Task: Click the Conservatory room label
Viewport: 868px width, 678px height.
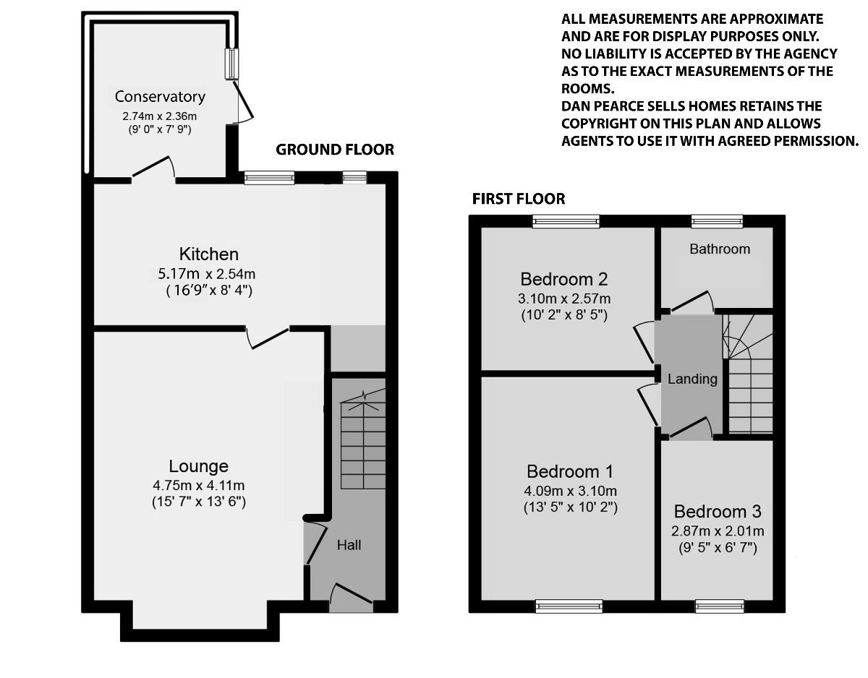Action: tap(160, 97)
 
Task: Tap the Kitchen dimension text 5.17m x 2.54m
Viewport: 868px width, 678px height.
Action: tap(208, 274)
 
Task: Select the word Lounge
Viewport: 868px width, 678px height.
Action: tap(199, 466)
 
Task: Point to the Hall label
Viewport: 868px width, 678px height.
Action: tap(349, 545)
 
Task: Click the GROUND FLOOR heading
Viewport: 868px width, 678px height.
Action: tap(335, 150)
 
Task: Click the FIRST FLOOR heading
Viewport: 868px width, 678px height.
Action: tap(518, 199)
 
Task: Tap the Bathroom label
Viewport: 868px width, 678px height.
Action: tap(720, 249)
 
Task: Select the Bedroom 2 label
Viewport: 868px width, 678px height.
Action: tap(563, 280)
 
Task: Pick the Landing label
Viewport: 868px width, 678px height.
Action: tap(692, 379)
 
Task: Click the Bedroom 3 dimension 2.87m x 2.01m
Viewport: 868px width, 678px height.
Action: tap(718, 531)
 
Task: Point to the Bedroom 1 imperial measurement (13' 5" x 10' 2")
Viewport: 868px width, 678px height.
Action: tap(570, 507)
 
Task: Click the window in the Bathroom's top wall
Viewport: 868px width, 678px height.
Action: tap(717, 221)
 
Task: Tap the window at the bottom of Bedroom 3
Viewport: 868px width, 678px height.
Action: tap(719, 606)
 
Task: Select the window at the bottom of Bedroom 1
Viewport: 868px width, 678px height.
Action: tap(569, 606)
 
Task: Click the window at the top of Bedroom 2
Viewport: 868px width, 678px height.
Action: tap(566, 221)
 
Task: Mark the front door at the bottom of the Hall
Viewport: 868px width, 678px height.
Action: tap(352, 598)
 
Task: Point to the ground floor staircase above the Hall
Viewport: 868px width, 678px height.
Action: tap(362, 441)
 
